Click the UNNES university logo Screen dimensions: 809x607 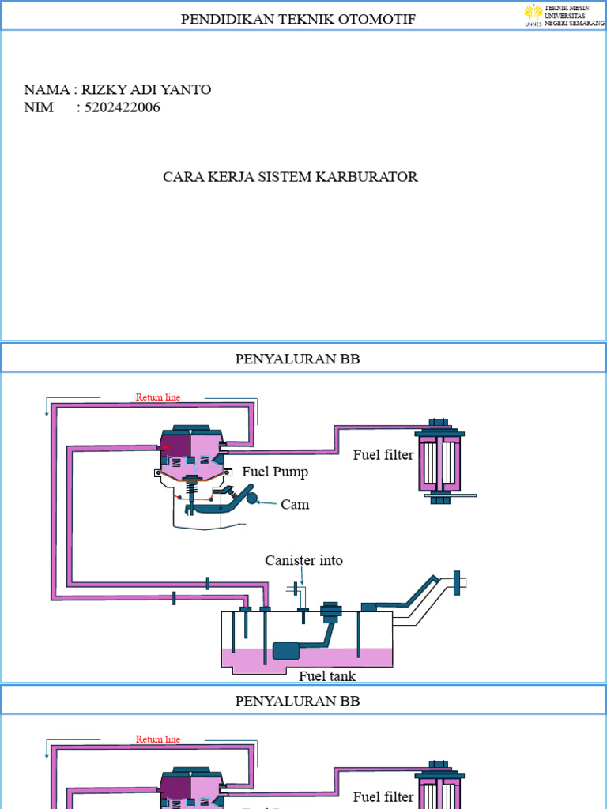click(533, 14)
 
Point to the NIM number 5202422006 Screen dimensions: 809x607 click(122, 107)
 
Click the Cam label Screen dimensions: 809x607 click(295, 504)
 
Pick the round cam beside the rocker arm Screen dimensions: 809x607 click(252, 498)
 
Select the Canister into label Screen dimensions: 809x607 click(303, 560)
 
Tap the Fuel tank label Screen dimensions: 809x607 click(327, 676)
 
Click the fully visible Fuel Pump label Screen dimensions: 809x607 click(274, 472)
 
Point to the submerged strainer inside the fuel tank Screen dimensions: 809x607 click(285, 650)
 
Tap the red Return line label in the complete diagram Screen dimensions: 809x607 click(158, 397)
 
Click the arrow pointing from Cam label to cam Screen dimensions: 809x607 click(268, 502)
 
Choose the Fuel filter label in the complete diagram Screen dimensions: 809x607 click(383, 455)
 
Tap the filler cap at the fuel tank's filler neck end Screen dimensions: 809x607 click(457, 582)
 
